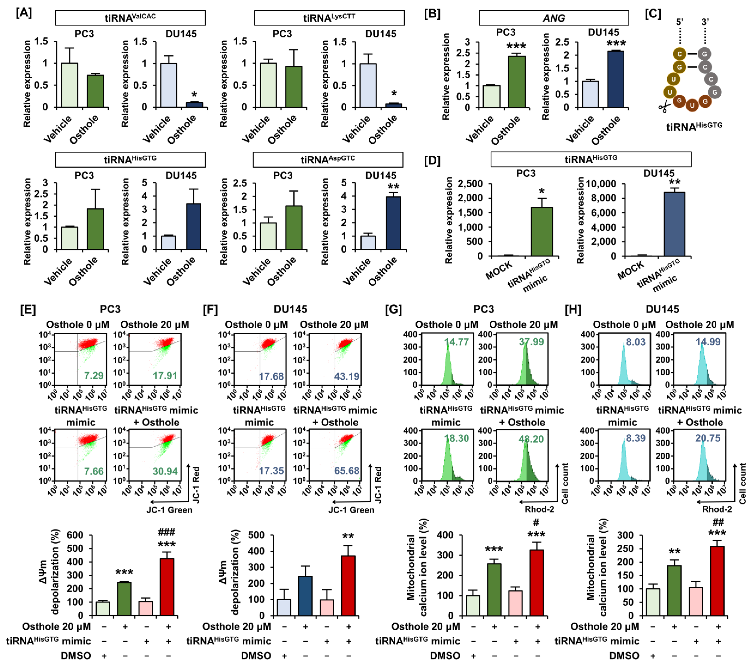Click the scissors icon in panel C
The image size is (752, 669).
pyautogui.click(x=664, y=107)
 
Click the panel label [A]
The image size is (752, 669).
pyautogui.click(x=24, y=13)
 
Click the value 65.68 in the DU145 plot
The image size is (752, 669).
pyautogui.click(x=346, y=471)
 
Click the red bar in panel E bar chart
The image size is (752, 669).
pyautogui.click(x=167, y=587)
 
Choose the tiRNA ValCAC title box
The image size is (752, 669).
pyautogui.click(x=130, y=18)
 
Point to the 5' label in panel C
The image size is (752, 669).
pyautogui.click(x=680, y=22)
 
